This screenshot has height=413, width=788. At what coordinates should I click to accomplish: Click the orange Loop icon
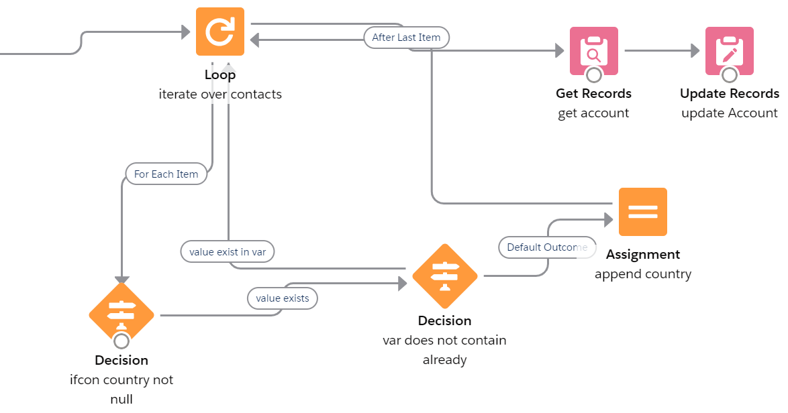(220, 32)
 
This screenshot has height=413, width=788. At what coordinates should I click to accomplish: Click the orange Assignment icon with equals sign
(642, 212)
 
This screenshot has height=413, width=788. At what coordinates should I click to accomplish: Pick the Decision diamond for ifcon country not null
(121, 313)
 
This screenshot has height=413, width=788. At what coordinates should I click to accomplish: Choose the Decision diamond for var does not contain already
(444, 276)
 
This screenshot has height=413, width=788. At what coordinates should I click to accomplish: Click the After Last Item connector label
(406, 38)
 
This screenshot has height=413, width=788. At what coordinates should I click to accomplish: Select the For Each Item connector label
(166, 174)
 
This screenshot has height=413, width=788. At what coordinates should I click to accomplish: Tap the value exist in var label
(228, 252)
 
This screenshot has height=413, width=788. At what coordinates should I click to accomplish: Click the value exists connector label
(282, 298)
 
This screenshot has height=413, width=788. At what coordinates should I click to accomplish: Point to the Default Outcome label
(546, 247)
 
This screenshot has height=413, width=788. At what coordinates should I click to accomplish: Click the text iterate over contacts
(220, 95)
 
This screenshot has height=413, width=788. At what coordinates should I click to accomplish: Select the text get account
(593, 113)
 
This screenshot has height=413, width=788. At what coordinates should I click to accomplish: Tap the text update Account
(729, 113)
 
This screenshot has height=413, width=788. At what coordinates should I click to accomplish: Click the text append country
(642, 274)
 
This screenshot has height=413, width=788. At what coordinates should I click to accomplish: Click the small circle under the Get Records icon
(593, 74)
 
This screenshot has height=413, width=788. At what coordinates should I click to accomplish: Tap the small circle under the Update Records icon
(729, 74)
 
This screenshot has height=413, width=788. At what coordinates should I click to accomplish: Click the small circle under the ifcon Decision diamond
(121, 341)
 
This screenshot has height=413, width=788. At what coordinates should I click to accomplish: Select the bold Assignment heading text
(642, 255)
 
